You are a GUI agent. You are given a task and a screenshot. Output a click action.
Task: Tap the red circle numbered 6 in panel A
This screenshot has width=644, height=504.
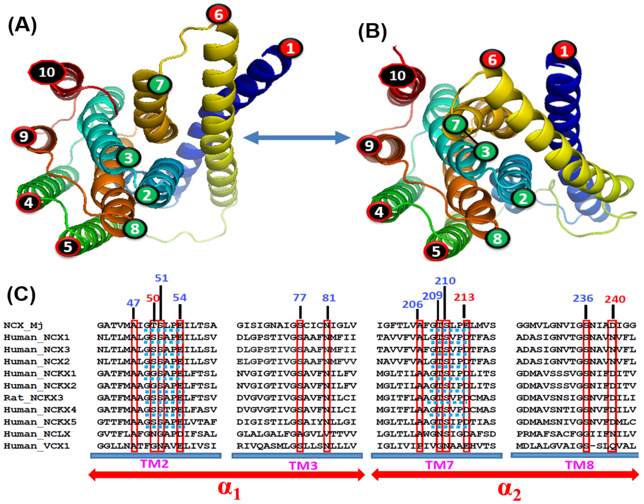(218, 14)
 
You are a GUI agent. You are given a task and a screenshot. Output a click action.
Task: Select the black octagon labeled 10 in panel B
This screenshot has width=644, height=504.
(397, 76)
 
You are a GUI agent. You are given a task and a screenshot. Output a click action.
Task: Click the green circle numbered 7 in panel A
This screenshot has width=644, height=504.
(159, 85)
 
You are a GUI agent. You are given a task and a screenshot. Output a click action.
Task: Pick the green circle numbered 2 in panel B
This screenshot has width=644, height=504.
(523, 199)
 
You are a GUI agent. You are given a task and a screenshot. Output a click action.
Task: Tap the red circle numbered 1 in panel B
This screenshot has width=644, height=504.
(564, 51)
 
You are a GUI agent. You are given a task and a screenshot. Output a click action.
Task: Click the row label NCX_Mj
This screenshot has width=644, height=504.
(23, 325)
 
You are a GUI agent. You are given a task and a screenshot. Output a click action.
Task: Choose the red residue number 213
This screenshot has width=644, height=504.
(464, 297)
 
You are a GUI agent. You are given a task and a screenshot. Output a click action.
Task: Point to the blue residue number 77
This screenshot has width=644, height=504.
(299, 297)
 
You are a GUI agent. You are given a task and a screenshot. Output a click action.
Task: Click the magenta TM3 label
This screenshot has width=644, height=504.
(303, 465)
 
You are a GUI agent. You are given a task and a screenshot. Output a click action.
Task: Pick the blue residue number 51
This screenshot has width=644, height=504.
(161, 278)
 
